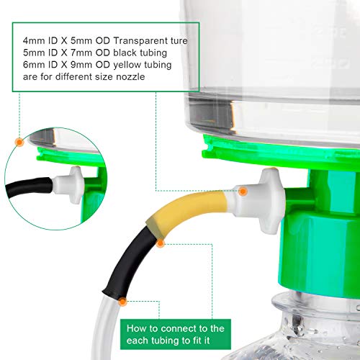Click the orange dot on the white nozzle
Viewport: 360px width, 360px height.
click(x=243, y=191)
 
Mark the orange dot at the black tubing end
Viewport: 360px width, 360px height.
click(x=124, y=302)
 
